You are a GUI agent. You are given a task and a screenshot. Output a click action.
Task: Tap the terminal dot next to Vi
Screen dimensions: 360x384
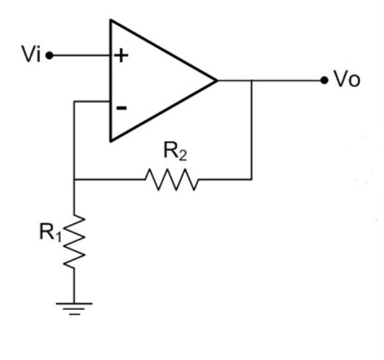[x=50, y=56]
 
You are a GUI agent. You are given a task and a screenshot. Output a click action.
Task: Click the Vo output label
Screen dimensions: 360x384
[x=347, y=81]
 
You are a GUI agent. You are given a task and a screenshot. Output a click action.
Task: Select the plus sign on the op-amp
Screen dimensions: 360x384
[x=121, y=56]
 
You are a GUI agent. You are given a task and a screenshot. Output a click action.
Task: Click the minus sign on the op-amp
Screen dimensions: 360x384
[x=121, y=108]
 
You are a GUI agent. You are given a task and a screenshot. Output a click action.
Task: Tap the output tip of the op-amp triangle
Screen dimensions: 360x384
[x=216, y=80]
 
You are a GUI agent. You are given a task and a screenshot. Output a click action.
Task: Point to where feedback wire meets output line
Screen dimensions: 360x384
[x=251, y=80]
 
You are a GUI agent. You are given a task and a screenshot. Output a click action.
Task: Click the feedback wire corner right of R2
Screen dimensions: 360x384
[x=251, y=179]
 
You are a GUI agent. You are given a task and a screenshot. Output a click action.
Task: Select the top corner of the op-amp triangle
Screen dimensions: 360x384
[x=110, y=20]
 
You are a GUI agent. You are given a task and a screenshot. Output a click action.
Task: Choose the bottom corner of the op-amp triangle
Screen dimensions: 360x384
[x=110, y=141]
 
